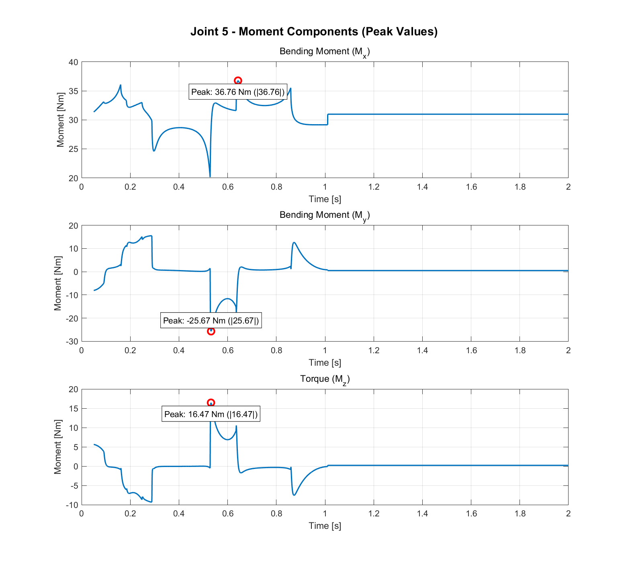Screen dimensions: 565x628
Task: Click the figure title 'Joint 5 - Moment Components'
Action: tap(314, 31)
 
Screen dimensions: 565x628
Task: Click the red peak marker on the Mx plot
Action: tap(238, 81)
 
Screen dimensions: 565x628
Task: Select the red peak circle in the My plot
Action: tap(211, 331)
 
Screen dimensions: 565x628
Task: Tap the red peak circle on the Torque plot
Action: tap(211, 403)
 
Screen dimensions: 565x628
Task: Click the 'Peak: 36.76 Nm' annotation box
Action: tap(238, 92)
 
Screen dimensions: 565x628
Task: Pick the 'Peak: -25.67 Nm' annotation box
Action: tap(211, 321)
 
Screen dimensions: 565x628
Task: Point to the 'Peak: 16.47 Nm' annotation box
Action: tap(211, 414)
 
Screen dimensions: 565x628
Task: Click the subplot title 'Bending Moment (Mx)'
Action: tap(325, 52)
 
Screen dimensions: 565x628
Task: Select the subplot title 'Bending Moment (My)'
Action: tap(325, 215)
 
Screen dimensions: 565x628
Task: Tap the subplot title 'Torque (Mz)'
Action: tap(325, 379)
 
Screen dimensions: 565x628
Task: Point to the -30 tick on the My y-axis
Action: tap(72, 341)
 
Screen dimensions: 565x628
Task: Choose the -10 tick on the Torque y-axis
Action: tap(72, 505)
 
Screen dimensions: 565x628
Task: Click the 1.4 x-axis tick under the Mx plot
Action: tap(422, 187)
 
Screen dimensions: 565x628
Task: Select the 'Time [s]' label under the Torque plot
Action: tap(325, 526)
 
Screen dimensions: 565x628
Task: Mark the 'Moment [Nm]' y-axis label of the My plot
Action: tap(58, 283)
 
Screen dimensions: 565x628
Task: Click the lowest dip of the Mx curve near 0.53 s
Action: tap(210, 176)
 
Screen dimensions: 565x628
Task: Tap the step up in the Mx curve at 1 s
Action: tap(327, 119)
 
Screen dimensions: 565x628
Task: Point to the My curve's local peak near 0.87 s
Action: tap(294, 243)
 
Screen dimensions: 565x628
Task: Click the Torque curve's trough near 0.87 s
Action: tap(294, 495)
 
